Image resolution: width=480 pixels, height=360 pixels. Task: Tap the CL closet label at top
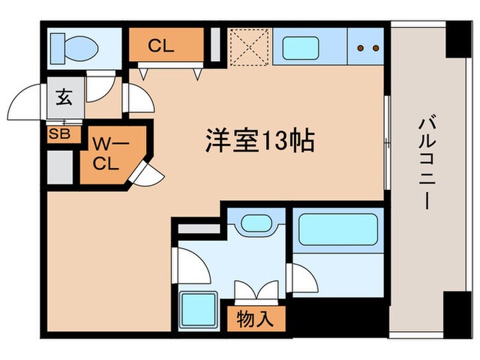162,47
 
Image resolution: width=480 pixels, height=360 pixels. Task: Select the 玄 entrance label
63,98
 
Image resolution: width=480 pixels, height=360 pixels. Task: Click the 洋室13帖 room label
259,141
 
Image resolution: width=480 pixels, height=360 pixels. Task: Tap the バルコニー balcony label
424,165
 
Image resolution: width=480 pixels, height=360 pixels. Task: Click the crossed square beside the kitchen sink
249,45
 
